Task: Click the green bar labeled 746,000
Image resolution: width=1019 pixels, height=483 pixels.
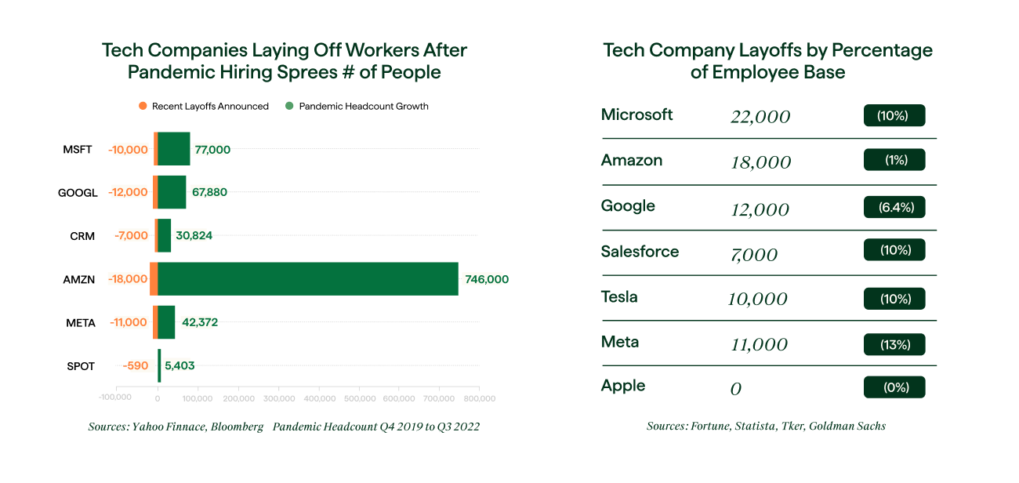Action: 308,279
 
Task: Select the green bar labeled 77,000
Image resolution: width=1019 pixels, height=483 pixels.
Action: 174,149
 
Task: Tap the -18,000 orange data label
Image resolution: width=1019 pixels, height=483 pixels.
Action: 127,279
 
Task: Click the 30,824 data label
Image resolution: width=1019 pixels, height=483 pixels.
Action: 192,235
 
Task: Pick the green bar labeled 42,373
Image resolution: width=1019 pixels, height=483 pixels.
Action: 167,322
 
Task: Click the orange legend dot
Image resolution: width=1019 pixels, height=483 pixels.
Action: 143,106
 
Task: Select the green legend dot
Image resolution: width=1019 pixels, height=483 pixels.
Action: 289,106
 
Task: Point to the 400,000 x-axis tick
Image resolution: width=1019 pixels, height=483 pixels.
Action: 318,398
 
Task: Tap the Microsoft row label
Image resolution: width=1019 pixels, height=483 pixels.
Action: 636,115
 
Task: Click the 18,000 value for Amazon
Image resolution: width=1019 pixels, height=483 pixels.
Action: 760,162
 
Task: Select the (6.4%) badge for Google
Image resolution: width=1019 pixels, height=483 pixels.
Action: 894,207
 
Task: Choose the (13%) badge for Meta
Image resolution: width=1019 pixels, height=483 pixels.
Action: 894,344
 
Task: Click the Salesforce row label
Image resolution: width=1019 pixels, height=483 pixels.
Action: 640,252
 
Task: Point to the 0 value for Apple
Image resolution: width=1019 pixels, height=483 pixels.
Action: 735,389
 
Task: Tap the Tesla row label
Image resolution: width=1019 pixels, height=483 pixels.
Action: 619,297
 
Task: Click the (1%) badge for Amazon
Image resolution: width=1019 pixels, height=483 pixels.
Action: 894,160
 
